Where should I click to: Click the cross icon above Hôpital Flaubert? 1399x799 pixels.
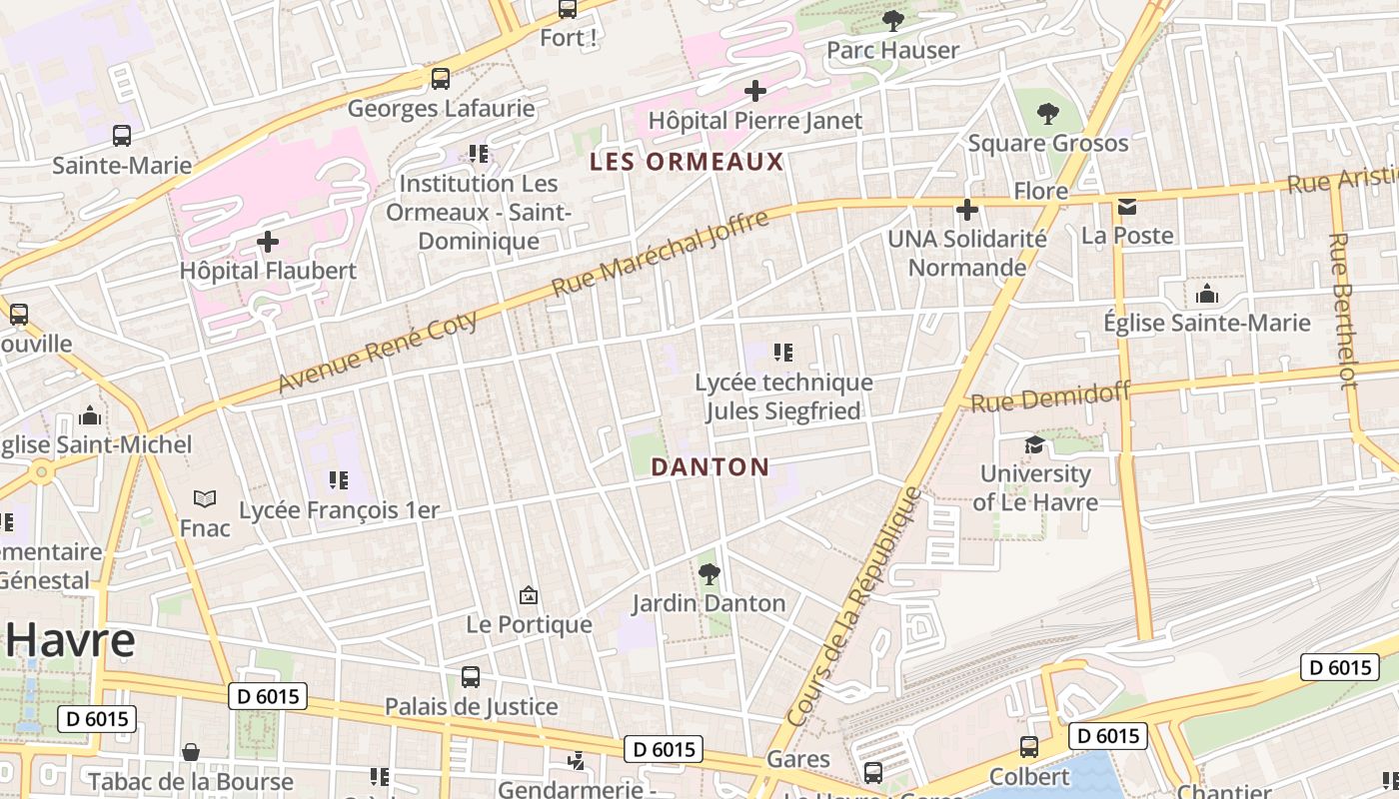tap(268, 241)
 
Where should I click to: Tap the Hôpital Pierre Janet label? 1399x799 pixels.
tap(754, 121)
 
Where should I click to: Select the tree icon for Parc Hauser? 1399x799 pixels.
tap(892, 20)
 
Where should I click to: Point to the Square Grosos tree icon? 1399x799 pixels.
tap(1047, 113)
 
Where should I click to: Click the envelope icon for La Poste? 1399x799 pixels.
tap(1127, 207)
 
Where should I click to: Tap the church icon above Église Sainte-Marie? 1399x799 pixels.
tap(1206, 294)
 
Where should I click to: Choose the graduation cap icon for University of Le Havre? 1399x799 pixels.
tap(1034, 444)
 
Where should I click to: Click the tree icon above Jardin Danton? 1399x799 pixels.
tap(708, 573)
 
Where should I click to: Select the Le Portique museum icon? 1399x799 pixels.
tap(529, 596)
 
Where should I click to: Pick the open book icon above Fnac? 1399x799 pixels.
tap(205, 498)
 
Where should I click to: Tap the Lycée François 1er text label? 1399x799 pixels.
tap(339, 509)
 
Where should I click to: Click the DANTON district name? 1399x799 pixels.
tap(709, 466)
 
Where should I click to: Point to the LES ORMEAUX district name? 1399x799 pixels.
tap(687, 162)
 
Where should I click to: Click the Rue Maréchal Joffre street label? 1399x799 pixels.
tap(661, 253)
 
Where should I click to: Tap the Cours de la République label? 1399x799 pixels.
tap(853, 606)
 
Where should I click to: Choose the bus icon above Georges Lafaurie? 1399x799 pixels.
tap(440, 78)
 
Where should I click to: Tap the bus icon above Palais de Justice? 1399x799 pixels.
tap(471, 676)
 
